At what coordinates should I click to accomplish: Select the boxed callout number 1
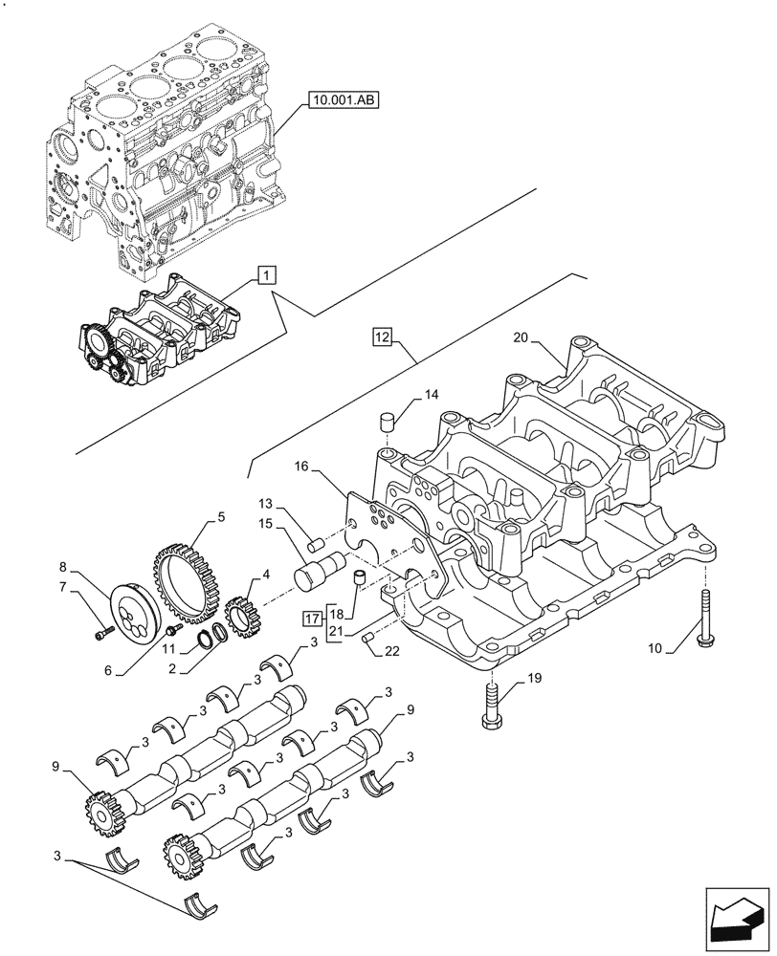(x=266, y=276)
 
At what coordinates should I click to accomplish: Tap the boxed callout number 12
(x=382, y=337)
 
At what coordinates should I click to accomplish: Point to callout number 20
(x=520, y=337)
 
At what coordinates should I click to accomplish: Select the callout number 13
(x=265, y=503)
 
